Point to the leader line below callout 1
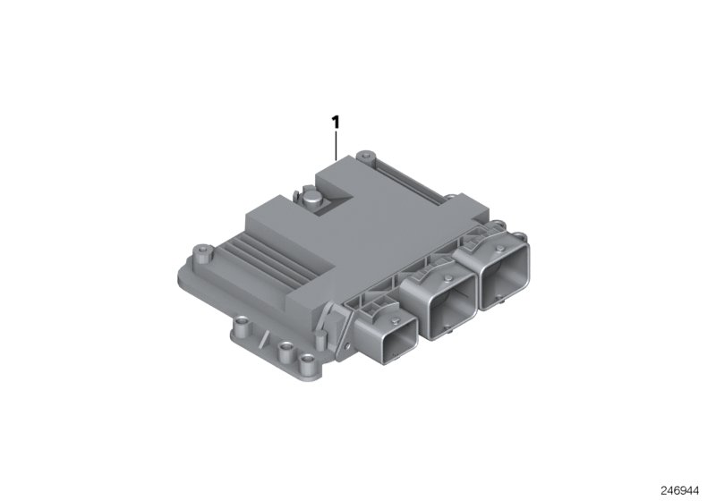[x=337, y=145]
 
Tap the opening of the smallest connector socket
[x=392, y=342]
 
